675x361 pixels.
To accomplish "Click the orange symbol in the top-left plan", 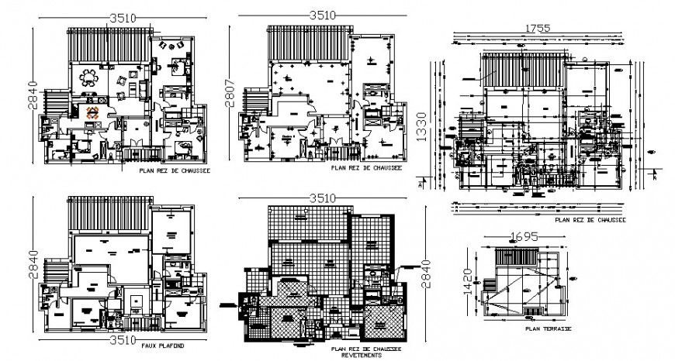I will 92,112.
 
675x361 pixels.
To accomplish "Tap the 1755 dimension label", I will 537,28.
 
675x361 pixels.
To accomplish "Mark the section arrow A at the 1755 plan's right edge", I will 656,177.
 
